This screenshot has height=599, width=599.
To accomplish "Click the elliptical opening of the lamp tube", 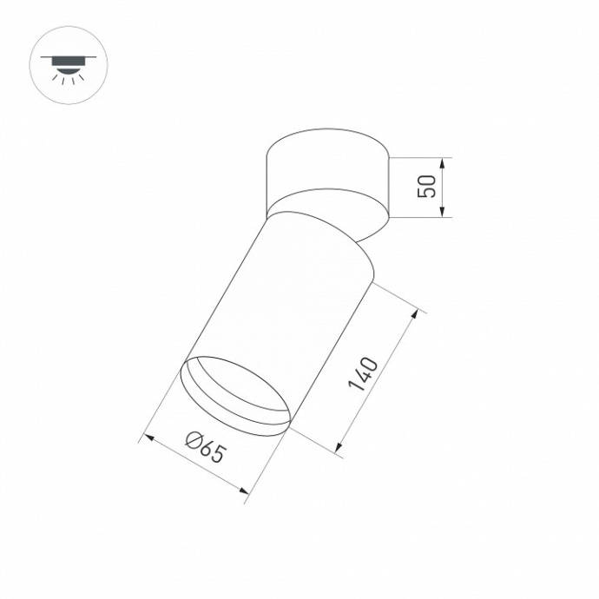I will tap(234, 395).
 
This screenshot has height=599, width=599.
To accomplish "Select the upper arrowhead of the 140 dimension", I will tap(420, 313).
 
